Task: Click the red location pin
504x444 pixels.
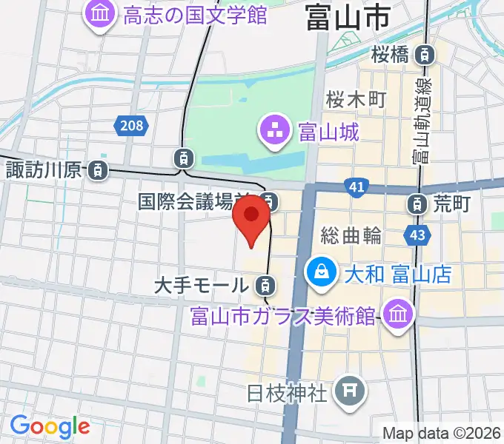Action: click(252, 216)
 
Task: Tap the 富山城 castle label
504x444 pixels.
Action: click(328, 133)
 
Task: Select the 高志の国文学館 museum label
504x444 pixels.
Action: click(196, 14)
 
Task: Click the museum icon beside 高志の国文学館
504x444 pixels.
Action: click(99, 14)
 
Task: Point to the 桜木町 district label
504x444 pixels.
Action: click(357, 100)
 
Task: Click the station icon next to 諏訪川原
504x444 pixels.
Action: click(97, 170)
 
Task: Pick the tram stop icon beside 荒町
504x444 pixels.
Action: click(419, 202)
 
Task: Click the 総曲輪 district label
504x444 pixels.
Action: click(351, 236)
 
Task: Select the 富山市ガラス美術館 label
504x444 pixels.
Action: click(283, 315)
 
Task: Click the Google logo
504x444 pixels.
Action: click(50, 427)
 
